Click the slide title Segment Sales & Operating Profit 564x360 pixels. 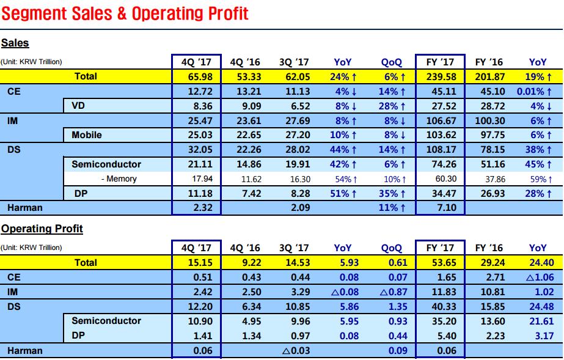point(125,13)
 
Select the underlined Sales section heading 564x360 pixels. point(15,43)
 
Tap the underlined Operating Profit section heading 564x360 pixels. point(42,229)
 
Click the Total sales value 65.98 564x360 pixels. point(196,76)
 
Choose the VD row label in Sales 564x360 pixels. point(78,106)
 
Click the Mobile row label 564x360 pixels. point(87,135)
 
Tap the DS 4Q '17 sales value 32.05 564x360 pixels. point(196,150)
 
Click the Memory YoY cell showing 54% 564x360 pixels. point(343,178)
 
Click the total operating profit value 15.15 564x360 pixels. point(196,262)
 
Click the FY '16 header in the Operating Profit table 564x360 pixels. point(489,248)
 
